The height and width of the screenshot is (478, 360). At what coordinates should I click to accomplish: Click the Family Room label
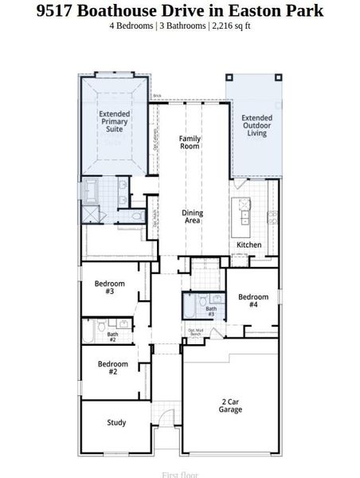coord(190,143)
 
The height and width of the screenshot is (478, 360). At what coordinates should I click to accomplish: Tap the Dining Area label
coord(192,217)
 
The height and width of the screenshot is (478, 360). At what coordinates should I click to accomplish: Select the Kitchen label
coord(248,245)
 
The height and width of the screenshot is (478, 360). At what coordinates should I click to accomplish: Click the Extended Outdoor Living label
coord(256,126)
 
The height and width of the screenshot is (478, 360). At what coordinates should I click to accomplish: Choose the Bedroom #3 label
coord(110,288)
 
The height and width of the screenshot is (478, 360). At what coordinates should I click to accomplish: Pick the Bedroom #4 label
coord(252,300)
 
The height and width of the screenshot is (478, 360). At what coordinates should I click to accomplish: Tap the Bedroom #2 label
coord(113,368)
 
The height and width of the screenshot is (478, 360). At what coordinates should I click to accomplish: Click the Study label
coord(116,422)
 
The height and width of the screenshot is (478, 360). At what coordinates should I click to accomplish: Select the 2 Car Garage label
coord(231,406)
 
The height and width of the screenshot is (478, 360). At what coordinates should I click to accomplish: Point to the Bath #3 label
coord(210,311)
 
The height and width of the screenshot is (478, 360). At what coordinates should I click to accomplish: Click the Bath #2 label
coord(112,337)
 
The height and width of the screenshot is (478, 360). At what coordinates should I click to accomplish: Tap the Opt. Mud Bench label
coord(197,332)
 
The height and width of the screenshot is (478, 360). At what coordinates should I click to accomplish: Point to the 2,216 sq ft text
coord(230,25)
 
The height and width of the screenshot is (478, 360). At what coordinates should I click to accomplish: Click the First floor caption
coord(180,474)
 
